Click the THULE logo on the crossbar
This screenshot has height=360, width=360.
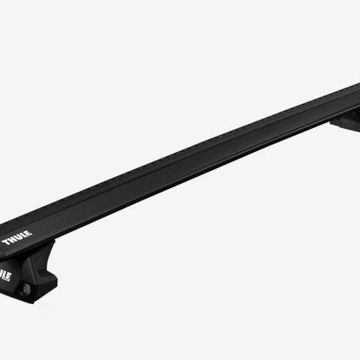(x=17, y=238)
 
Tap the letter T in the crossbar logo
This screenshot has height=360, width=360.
(x=6, y=242)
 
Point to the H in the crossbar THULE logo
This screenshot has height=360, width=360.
(x=13, y=240)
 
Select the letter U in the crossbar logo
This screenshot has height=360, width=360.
(x=19, y=238)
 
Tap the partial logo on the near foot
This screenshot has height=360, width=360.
(x=5, y=275)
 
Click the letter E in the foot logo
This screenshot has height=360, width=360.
(x=8, y=277)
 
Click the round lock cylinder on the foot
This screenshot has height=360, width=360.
(x=26, y=289)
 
